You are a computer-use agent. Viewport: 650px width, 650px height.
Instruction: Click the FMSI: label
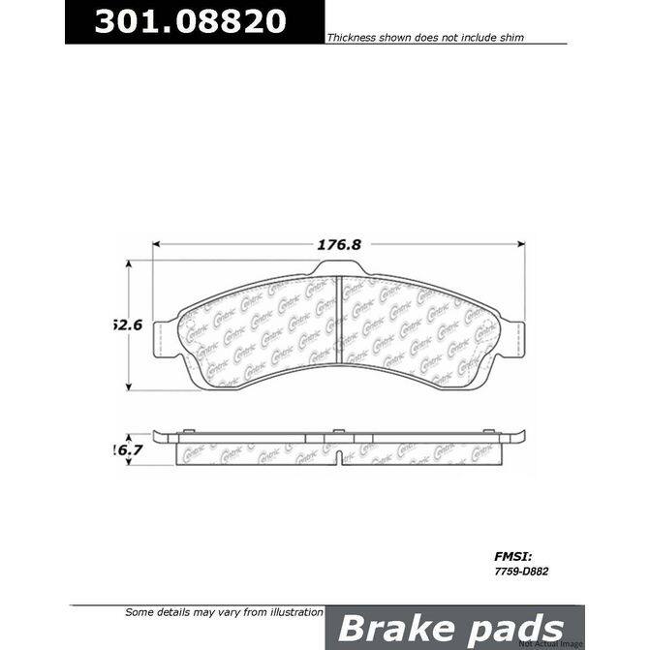click(x=502, y=557)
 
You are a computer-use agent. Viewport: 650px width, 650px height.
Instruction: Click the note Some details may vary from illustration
click(x=224, y=612)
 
